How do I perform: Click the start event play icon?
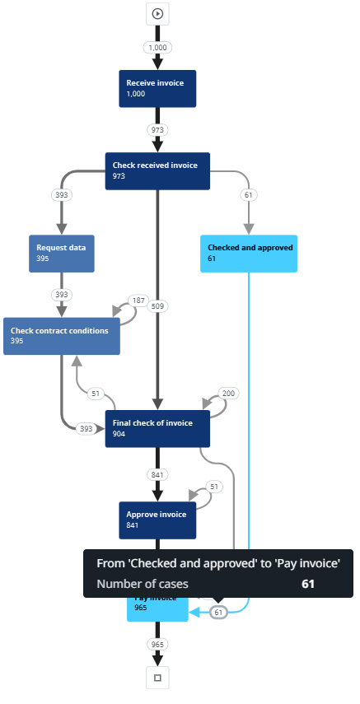pos(157,13)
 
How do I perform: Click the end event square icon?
pos(157,678)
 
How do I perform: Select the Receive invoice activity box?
pos(157,88)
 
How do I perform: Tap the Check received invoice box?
pos(157,170)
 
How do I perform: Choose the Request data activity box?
pos(61,253)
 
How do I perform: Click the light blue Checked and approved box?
pos(249,253)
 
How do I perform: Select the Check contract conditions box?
pos(61,336)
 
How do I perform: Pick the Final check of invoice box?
pos(157,428)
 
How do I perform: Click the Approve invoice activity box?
pos(157,520)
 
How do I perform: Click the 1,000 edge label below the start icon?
pos(157,48)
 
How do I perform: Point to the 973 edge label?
pos(157,130)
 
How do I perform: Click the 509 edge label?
pos(157,306)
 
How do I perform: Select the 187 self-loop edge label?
pos(138,301)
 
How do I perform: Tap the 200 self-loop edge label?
pos(229,394)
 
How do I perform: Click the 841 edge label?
pos(157,475)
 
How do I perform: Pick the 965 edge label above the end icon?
pos(157,644)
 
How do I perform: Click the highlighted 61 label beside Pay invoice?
pos(218,613)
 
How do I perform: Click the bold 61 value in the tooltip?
pos(308,584)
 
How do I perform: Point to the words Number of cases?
pos(142,584)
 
